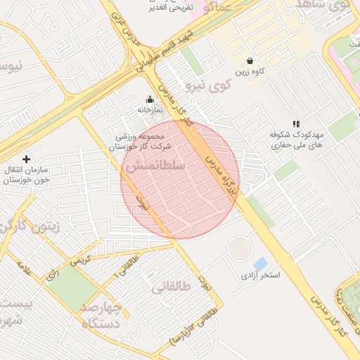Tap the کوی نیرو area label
(208, 86)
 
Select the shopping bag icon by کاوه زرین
(250, 60)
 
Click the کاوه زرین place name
(250, 72)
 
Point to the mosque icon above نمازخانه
(149, 99)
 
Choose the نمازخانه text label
(149, 110)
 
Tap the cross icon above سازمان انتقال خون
(27, 160)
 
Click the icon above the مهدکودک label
(295, 123)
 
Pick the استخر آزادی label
(260, 275)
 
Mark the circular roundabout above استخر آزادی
(240, 247)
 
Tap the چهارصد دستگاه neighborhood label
(102, 316)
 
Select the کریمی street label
(79, 259)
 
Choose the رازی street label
(52, 276)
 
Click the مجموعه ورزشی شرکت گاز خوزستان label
(140, 141)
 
